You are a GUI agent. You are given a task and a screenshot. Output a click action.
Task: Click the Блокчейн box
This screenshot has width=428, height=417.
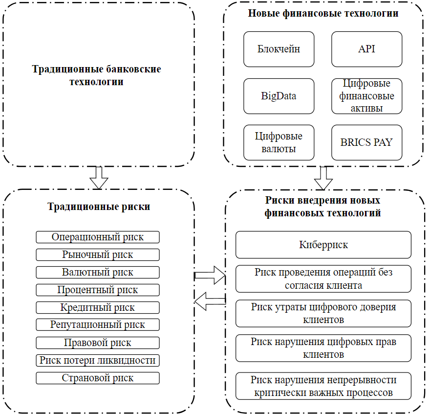(x=278, y=49)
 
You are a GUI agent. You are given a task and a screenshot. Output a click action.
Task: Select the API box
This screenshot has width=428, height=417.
(x=366, y=49)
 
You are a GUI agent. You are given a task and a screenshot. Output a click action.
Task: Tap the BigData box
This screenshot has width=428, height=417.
(x=278, y=96)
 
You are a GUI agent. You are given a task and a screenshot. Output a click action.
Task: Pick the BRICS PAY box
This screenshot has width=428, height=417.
(x=366, y=143)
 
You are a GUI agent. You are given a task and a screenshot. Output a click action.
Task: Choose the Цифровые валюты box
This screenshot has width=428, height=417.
(x=278, y=143)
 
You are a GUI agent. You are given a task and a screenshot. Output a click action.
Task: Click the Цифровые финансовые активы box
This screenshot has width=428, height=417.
(x=366, y=96)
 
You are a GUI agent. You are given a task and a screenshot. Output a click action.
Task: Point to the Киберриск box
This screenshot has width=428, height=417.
(x=323, y=245)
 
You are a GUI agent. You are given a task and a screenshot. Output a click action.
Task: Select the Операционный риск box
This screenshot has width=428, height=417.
(x=98, y=237)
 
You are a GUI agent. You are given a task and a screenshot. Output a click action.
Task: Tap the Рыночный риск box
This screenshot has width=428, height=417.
(x=98, y=255)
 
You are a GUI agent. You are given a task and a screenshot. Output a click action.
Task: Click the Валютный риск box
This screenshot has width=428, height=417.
(x=98, y=272)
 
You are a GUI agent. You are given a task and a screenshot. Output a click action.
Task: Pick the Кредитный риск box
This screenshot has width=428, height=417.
(x=98, y=308)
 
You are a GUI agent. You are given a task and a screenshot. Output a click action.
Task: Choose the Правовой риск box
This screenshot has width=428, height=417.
(x=98, y=343)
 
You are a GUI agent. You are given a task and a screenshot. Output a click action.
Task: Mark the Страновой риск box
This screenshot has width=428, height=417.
(x=98, y=378)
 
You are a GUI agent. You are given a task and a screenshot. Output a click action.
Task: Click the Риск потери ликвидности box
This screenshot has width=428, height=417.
(x=98, y=360)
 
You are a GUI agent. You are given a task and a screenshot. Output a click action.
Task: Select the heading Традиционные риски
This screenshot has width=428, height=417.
(x=99, y=207)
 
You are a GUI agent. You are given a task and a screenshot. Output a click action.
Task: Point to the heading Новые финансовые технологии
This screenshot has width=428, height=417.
(x=323, y=13)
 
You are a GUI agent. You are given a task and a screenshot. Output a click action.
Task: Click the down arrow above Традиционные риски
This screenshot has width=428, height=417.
(x=99, y=178)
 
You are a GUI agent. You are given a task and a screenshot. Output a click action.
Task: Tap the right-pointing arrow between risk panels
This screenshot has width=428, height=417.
(x=210, y=275)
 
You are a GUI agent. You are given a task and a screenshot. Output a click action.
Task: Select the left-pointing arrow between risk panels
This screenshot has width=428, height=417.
(x=210, y=301)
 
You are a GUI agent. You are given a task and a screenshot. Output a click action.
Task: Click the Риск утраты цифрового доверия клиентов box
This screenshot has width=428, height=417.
(x=323, y=313)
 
